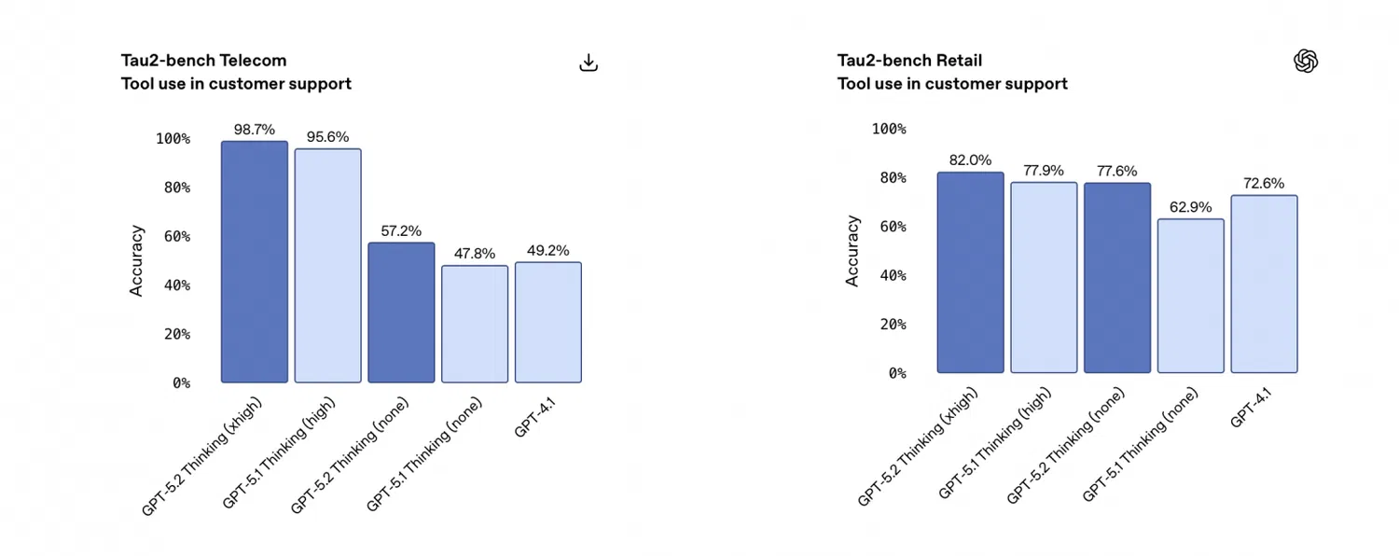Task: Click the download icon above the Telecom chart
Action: click(589, 63)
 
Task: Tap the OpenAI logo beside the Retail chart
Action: click(1306, 62)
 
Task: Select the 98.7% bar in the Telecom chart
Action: click(255, 262)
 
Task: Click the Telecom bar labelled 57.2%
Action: click(401, 313)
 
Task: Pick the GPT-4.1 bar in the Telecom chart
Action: click(548, 322)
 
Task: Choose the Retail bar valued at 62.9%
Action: click(1190, 296)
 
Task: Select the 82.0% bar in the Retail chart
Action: click(970, 272)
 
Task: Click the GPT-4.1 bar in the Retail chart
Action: click(1264, 284)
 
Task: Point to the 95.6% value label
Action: click(327, 137)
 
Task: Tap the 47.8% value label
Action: click(475, 254)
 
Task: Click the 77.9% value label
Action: click(1043, 171)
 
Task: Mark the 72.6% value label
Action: click(1264, 184)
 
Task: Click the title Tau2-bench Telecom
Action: click(203, 61)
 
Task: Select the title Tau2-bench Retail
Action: click(909, 61)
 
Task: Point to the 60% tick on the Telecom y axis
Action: click(173, 237)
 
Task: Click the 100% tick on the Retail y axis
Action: click(888, 129)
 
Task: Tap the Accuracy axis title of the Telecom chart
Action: click(137, 260)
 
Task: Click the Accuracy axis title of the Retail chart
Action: click(852, 251)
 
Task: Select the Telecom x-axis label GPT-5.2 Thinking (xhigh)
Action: click(202, 456)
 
